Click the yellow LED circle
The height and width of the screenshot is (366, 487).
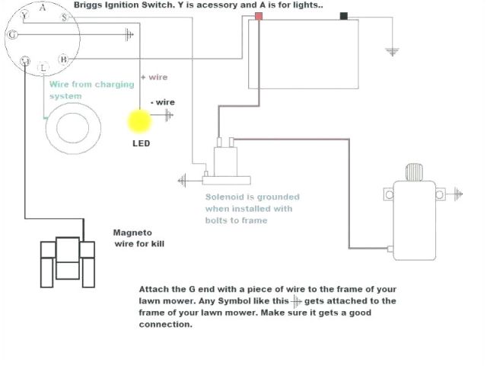[x=140, y=121]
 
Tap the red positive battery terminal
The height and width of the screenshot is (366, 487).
[x=259, y=16]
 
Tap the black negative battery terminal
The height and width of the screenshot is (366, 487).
[x=344, y=16]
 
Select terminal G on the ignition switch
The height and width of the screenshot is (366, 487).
[x=12, y=34]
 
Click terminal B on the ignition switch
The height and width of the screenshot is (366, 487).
[x=64, y=59]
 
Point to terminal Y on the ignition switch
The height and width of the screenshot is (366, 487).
[x=24, y=14]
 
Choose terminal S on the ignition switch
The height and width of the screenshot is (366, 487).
[x=25, y=60]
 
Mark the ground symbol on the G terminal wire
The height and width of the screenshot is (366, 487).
[x=129, y=34]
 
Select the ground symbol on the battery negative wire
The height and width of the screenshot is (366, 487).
[x=393, y=51]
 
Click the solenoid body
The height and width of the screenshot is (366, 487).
[x=224, y=161]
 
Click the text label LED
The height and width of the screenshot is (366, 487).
[x=141, y=143]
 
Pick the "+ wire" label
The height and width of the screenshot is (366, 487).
[x=154, y=77]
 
